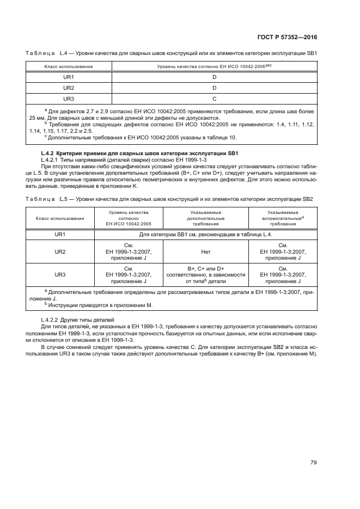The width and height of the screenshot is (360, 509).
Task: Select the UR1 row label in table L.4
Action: (69, 77)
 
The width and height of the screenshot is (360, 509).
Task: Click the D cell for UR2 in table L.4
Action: (215, 88)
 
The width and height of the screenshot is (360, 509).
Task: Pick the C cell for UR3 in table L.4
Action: (215, 99)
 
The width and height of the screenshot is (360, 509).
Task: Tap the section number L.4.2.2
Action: (52, 318)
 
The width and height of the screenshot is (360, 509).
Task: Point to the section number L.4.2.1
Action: (52, 160)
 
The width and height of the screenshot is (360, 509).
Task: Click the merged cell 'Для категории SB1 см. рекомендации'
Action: (206, 234)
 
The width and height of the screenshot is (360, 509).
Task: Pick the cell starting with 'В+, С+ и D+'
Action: (206, 275)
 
